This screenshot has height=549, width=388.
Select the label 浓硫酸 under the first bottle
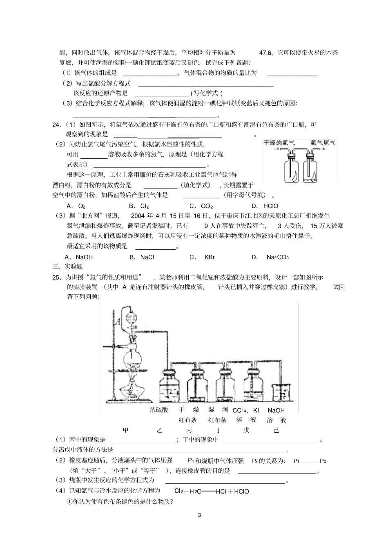tap(159, 410)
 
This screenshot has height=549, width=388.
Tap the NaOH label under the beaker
tap(276, 410)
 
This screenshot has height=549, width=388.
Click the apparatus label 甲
tap(126, 430)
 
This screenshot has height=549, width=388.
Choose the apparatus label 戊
tap(246, 430)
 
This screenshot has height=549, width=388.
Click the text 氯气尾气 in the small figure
tap(323, 142)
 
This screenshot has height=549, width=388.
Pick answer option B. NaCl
tap(141, 257)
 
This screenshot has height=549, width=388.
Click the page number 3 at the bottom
tap(199, 515)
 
